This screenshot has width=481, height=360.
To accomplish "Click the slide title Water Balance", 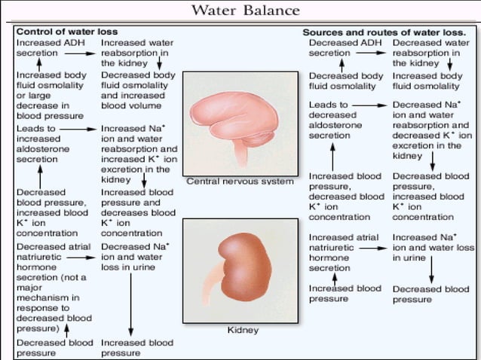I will (245, 11).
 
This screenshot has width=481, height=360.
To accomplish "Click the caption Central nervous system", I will (239, 182).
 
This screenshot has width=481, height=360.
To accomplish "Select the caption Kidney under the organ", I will (243, 330).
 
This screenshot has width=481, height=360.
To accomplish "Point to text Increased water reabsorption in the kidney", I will (136, 53).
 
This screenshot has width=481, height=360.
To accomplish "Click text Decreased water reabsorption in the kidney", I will (430, 53).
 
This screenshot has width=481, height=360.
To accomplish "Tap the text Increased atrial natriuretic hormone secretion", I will (343, 252).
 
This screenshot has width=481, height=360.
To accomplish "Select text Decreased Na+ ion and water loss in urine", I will (135, 256).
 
